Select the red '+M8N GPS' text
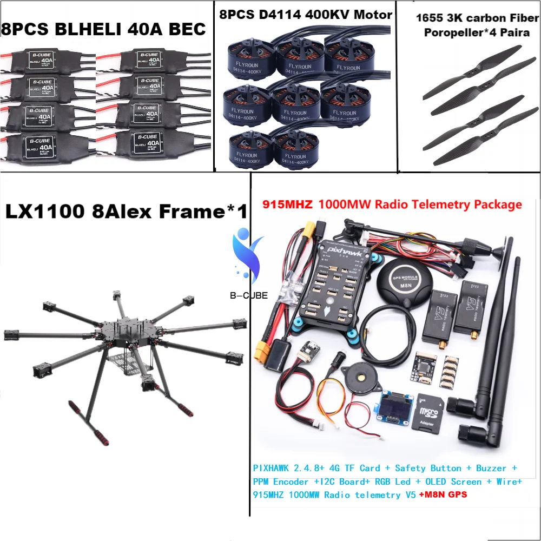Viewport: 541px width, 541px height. [x=443, y=494]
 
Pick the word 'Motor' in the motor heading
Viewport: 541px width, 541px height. [x=371, y=15]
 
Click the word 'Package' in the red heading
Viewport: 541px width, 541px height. [x=498, y=204]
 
